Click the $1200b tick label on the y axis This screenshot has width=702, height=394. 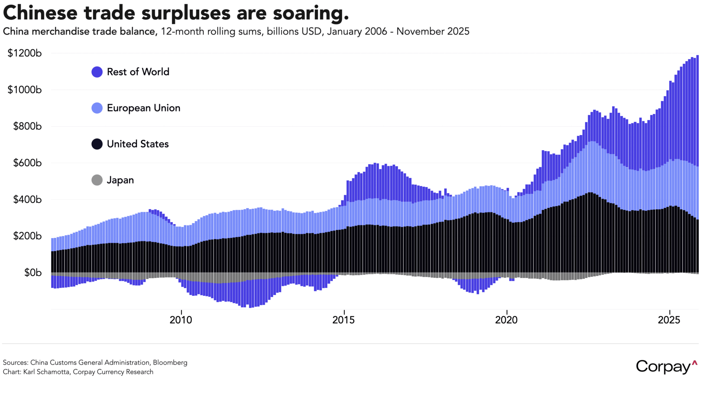[24, 53]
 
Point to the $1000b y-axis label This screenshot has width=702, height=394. [24, 90]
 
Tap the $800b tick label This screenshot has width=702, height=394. [27, 126]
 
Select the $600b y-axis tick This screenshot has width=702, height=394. [27, 163]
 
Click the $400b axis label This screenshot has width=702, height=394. [27, 199]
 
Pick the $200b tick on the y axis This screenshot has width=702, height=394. [27, 236]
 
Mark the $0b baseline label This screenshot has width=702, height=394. [33, 273]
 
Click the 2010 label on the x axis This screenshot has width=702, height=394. [181, 320]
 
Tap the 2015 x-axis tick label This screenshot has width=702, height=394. [344, 320]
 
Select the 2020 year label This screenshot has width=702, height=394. [506, 320]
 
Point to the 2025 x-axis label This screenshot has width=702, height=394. [669, 320]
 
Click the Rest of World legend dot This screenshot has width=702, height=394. [97, 72]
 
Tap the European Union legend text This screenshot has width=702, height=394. [143, 108]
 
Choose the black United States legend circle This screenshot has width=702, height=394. [97, 144]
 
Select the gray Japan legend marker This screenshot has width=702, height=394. [97, 180]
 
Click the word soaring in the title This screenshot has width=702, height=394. [311, 13]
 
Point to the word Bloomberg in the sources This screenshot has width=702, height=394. [170, 362]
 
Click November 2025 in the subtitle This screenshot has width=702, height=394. [433, 32]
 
